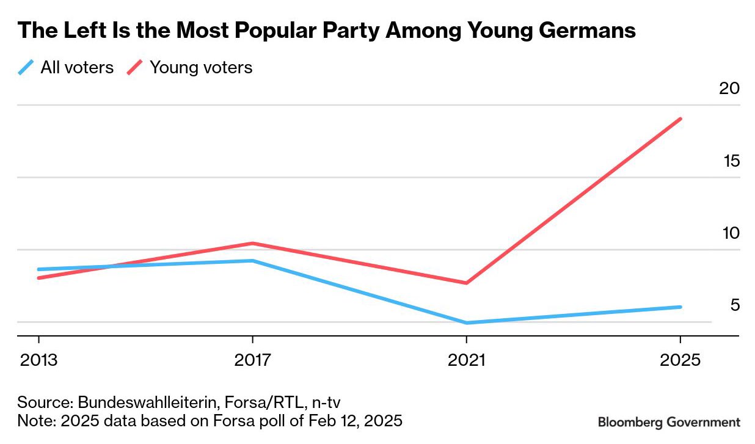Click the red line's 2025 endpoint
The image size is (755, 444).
[x=680, y=119]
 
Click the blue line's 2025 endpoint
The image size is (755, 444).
[x=680, y=307]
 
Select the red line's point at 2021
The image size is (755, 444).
[x=467, y=283]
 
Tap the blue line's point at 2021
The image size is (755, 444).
[x=467, y=322]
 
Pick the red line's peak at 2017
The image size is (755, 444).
[x=253, y=243]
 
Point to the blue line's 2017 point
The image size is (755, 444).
[x=253, y=261]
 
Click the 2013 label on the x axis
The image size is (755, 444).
[x=38, y=360]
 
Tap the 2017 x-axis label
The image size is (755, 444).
[x=253, y=360]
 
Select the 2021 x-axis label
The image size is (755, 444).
[x=467, y=360]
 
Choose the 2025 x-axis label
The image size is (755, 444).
[x=680, y=360]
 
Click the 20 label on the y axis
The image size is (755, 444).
[x=729, y=89]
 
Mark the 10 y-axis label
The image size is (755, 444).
[x=729, y=233]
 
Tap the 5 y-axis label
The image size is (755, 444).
[x=735, y=305]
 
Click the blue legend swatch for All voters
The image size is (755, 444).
[x=26, y=67]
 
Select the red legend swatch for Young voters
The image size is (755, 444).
[x=134, y=67]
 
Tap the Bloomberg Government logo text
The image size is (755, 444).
[x=669, y=422]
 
